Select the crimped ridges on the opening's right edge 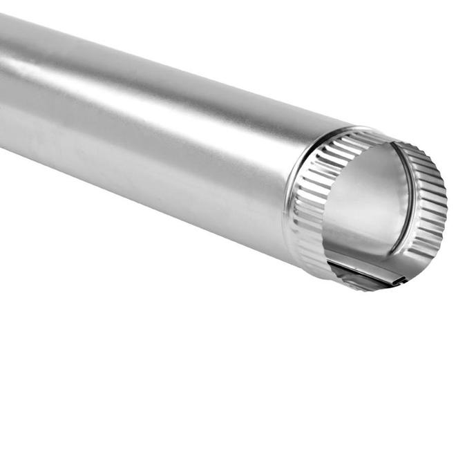[x=432, y=207]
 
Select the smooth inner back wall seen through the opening [x=366, y=200]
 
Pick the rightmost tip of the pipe [x=446, y=207]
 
